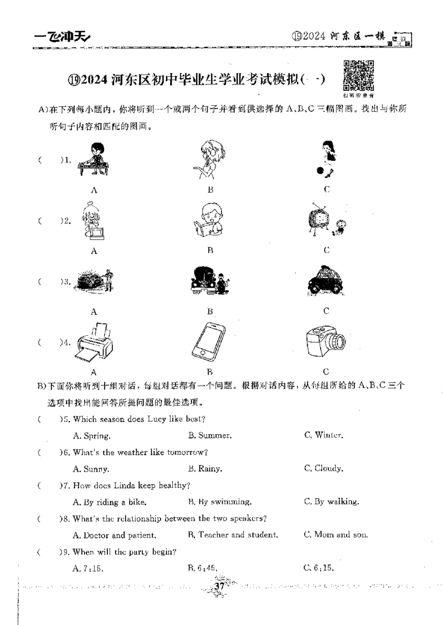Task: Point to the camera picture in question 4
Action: (x=325, y=342)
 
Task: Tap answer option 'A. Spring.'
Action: (x=91, y=435)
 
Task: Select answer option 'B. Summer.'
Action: (x=210, y=435)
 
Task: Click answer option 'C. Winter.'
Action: (x=324, y=435)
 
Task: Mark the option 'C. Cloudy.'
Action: (x=323, y=468)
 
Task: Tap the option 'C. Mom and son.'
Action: (x=336, y=535)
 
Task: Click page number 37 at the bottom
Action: (x=218, y=586)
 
